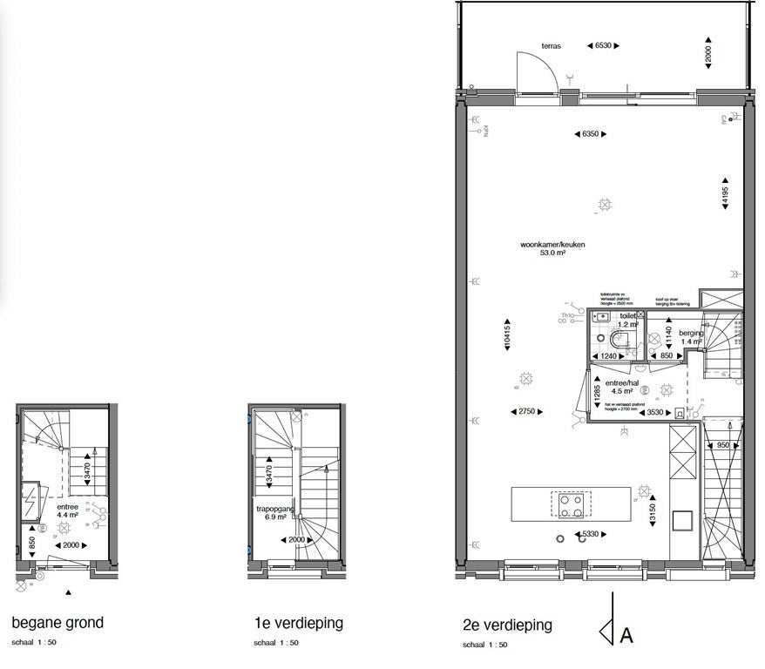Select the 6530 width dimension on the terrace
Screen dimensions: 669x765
tap(602, 44)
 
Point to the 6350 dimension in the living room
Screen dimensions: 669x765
tap(591, 134)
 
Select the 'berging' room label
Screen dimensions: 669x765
tap(692, 337)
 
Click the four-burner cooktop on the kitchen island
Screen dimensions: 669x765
tap(571, 503)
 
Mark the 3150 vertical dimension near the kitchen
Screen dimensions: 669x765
tap(653, 509)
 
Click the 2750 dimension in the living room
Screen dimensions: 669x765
tap(525, 410)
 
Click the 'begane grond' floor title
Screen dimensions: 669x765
tap(58, 623)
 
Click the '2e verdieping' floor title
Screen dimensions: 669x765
tap(507, 625)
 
